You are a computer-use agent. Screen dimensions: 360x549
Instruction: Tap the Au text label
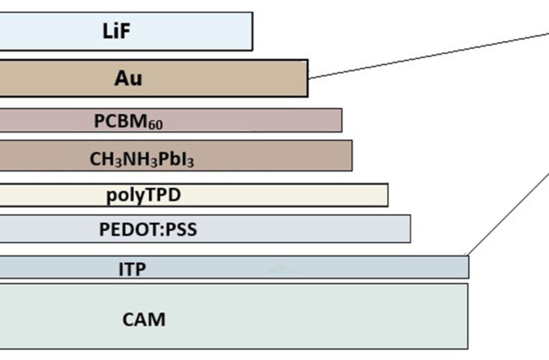pyautogui.click(x=127, y=78)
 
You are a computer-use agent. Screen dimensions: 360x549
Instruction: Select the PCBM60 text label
pyautogui.click(x=128, y=121)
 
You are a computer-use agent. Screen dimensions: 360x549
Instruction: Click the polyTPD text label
pyautogui.click(x=144, y=195)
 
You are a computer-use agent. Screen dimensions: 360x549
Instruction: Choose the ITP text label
pyautogui.click(x=131, y=268)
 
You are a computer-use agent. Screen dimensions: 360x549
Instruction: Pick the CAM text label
pyautogui.click(x=144, y=320)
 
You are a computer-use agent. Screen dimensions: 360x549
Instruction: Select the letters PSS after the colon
pyautogui.click(x=181, y=230)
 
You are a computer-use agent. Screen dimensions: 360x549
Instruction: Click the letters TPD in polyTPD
pyautogui.click(x=163, y=195)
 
